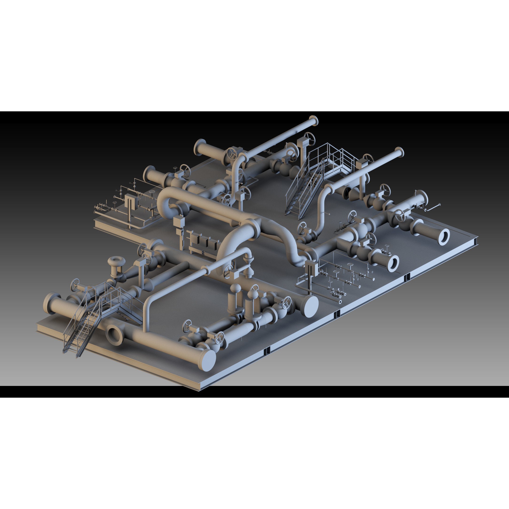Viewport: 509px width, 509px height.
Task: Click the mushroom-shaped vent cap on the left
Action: tap(116, 261)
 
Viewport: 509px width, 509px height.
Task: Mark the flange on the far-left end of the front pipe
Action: tap(49, 303)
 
